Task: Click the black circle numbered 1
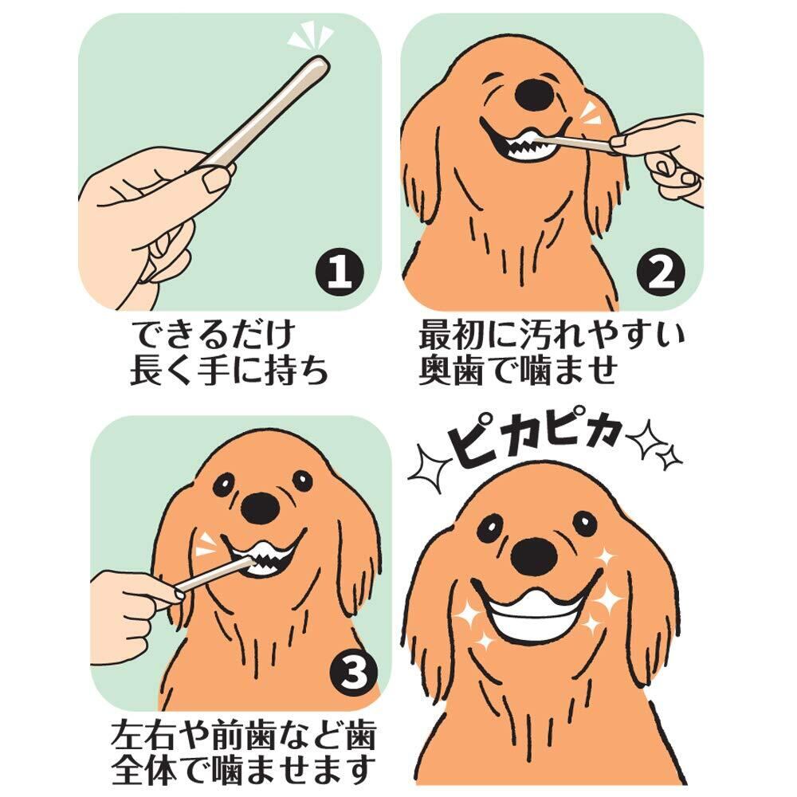coord(340,272)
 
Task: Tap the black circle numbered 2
coord(660,272)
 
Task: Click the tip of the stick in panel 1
coord(321,62)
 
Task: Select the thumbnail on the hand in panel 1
coord(217,179)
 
